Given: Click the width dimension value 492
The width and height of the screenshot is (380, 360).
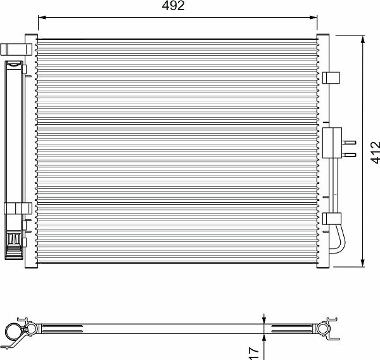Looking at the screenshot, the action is [x=173, y=6].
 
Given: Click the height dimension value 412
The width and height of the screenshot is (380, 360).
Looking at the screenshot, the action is [x=376, y=153].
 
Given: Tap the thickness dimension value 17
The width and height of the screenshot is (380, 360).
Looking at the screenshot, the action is [x=254, y=354].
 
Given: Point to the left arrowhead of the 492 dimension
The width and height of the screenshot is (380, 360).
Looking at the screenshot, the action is [x=42, y=18].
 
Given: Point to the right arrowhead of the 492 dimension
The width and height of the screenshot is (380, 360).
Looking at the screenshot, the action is [x=313, y=18].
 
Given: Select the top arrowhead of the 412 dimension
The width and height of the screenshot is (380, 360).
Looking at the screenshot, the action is [x=362, y=39].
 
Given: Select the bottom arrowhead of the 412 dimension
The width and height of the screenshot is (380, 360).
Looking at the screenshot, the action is [x=362, y=263].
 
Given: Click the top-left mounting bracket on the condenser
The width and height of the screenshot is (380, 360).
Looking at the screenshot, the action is [x=16, y=49].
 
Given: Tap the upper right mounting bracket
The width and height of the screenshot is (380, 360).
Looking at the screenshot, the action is [x=331, y=77].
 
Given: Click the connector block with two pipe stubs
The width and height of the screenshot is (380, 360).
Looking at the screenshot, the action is [x=332, y=143].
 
